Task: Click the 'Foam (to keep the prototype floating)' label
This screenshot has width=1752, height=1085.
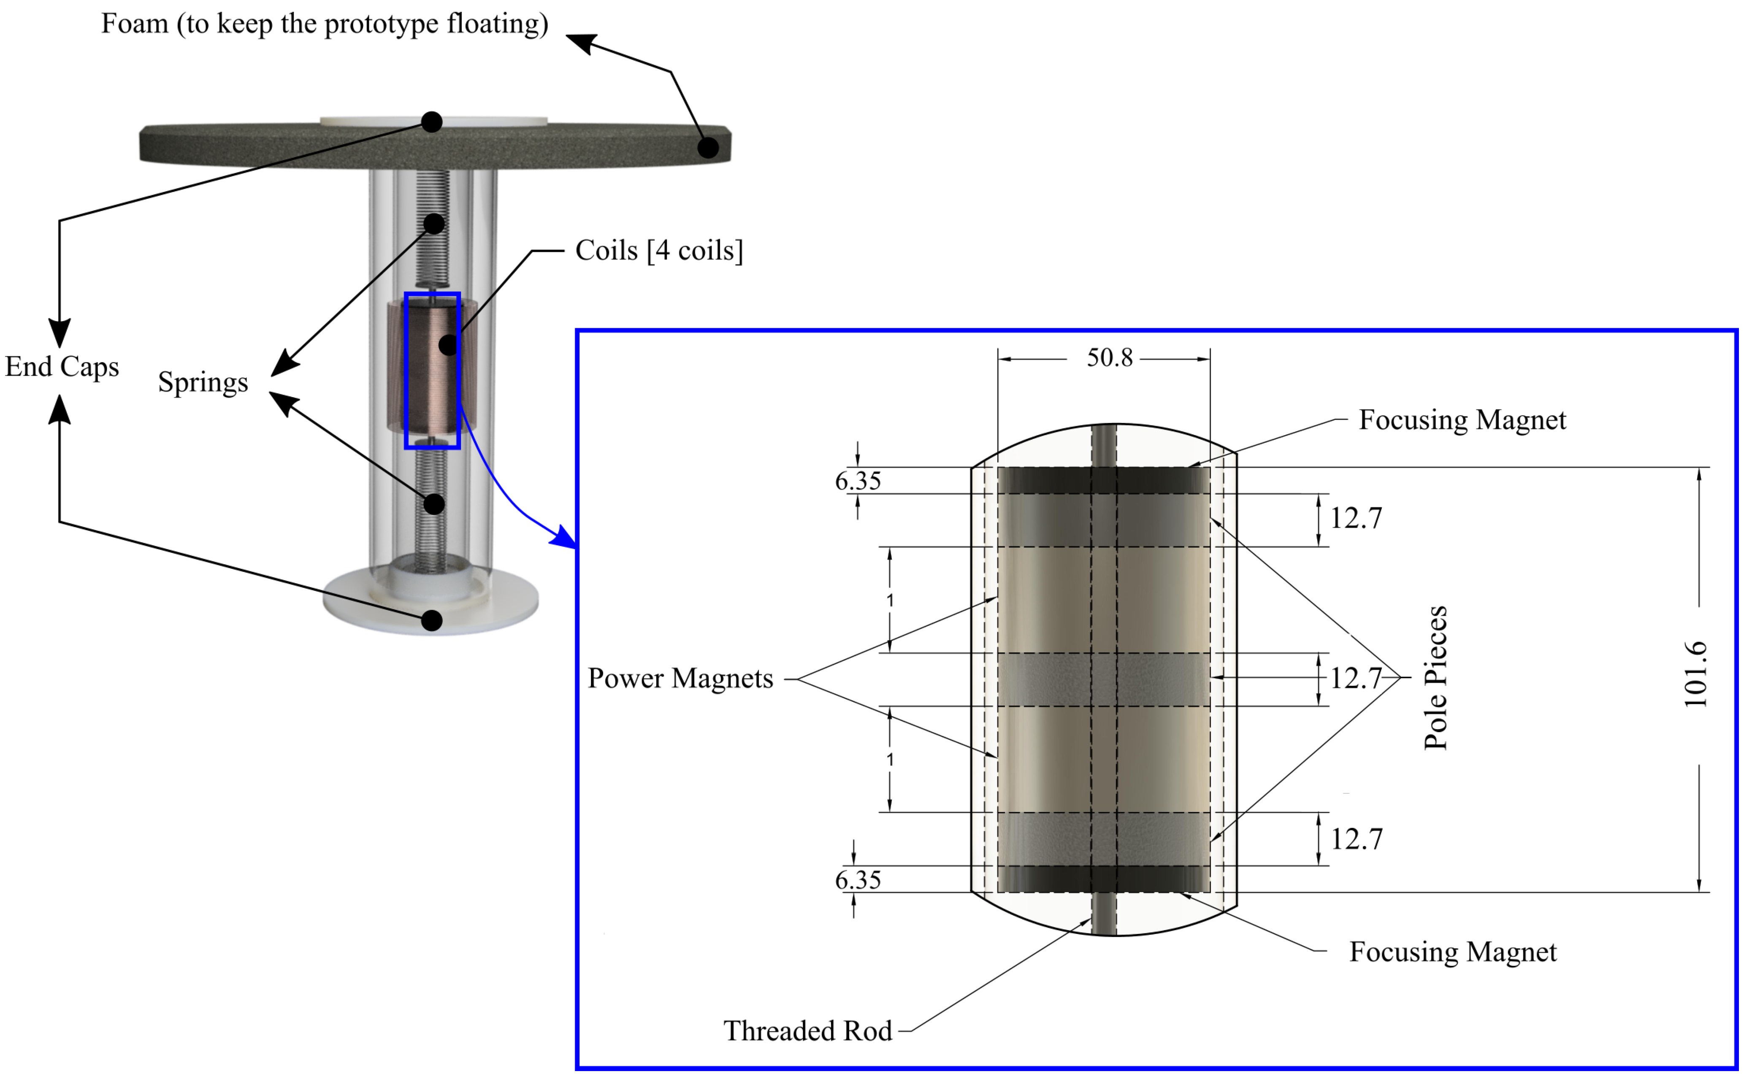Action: click(324, 24)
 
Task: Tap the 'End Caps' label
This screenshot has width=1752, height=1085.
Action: click(62, 367)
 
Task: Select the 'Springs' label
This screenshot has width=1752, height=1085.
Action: click(203, 382)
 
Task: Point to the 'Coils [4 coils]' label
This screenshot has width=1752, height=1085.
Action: click(658, 250)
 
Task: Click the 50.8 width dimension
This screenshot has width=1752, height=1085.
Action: click(1109, 357)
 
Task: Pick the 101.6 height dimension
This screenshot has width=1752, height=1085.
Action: click(1695, 674)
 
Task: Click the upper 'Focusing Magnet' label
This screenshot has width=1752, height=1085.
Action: click(1462, 420)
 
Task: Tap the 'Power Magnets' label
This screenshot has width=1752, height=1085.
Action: click(680, 678)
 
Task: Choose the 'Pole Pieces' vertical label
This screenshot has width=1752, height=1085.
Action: click(1435, 678)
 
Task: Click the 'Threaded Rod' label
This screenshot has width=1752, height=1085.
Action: click(807, 1031)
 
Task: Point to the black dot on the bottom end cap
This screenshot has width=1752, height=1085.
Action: click(431, 620)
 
